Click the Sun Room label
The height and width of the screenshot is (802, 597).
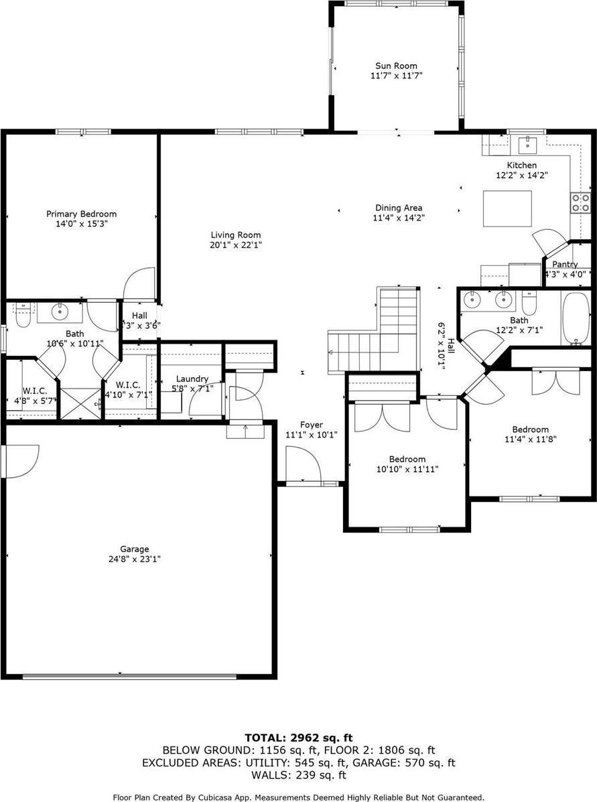point(395,66)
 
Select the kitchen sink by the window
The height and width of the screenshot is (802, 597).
point(527,143)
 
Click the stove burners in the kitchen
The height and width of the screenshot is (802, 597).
point(580,202)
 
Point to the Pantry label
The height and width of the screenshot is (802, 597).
point(565,265)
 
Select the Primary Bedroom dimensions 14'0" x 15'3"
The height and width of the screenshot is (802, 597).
point(81,224)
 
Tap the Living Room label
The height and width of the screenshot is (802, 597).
point(236,235)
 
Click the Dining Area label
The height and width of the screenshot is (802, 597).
point(399,208)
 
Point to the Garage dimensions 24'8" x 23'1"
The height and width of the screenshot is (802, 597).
point(135,559)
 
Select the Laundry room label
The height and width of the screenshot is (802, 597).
point(192,379)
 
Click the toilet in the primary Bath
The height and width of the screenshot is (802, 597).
point(23,315)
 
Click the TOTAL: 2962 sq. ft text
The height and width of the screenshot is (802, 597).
point(298,738)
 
